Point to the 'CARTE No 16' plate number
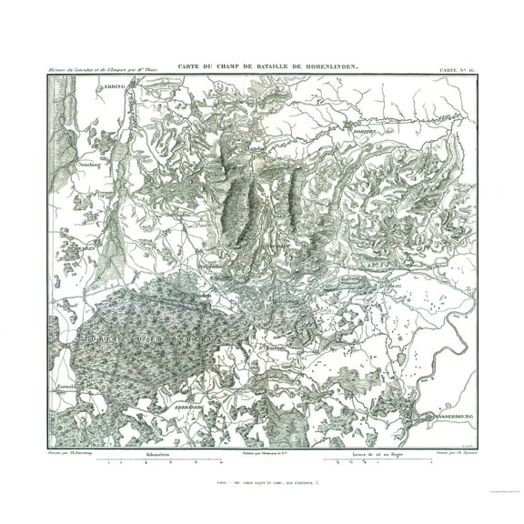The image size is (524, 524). click(x=456, y=70)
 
